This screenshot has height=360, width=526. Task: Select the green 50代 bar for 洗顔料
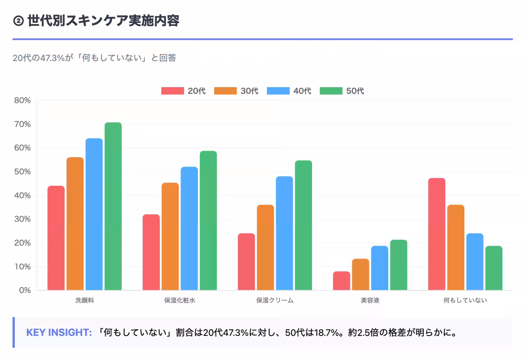pyautogui.click(x=113, y=206)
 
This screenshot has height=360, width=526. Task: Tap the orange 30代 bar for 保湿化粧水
pyautogui.click(x=170, y=236)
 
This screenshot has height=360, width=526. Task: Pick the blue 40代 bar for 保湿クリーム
pyautogui.click(x=284, y=233)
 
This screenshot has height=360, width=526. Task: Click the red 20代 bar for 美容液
pyautogui.click(x=341, y=281)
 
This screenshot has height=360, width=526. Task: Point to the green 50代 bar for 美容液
pyautogui.click(x=398, y=265)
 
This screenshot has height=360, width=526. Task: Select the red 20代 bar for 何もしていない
pyautogui.click(x=437, y=234)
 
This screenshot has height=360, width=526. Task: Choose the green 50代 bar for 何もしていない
pyautogui.click(x=494, y=268)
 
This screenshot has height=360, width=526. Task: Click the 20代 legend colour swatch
pyautogui.click(x=172, y=91)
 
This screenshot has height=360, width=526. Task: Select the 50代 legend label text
pyautogui.click(x=355, y=91)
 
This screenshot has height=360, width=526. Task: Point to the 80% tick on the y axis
pyautogui.click(x=22, y=100)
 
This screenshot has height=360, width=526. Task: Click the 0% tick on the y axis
pyautogui.click(x=25, y=290)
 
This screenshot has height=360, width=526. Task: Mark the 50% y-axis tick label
pyautogui.click(x=22, y=172)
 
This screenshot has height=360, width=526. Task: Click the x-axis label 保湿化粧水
pyautogui.click(x=180, y=300)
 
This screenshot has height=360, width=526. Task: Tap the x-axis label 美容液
pyautogui.click(x=370, y=300)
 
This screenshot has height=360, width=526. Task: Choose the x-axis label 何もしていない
pyautogui.click(x=465, y=300)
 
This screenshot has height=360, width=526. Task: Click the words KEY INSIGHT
pyautogui.click(x=59, y=332)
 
